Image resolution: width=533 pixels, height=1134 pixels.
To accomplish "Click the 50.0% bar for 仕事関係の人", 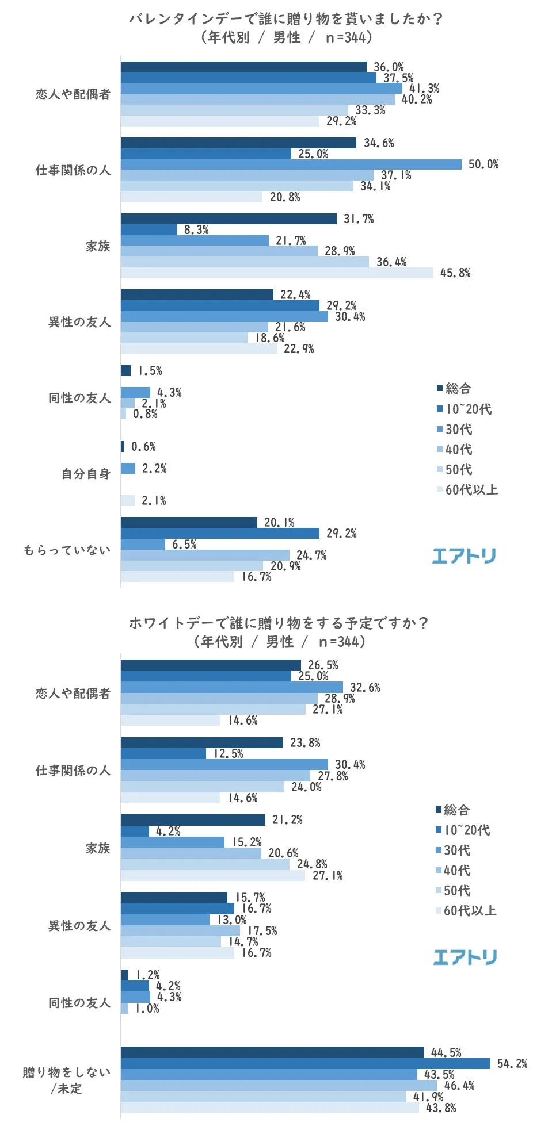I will [291, 164].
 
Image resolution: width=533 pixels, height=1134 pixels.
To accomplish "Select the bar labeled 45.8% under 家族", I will [276, 273].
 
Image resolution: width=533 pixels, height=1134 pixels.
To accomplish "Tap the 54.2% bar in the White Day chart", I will [305, 1063].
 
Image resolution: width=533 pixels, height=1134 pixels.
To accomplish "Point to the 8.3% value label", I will [196, 229].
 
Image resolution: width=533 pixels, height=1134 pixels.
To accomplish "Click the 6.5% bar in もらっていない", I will [143, 544].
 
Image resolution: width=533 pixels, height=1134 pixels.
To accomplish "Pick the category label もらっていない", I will [67, 550].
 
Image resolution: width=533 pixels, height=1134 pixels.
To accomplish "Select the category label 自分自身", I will [86, 474].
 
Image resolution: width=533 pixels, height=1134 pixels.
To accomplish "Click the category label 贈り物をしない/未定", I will [67, 1080].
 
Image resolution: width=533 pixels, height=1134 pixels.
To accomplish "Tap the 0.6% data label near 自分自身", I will [143, 447].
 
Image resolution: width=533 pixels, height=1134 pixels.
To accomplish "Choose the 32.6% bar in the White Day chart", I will [231, 687].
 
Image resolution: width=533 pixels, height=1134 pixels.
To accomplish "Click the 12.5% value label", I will [229, 753].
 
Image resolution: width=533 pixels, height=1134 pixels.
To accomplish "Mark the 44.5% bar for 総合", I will [272, 1052].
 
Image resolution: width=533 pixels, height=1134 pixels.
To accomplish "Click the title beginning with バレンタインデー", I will [286, 19].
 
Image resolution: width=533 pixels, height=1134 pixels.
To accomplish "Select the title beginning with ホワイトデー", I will [279, 623].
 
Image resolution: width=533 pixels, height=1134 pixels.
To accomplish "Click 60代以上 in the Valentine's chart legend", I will [467, 490].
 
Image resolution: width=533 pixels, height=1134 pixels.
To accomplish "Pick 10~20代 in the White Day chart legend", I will [463, 830].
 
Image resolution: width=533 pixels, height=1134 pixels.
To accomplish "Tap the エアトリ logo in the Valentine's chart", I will [464, 555].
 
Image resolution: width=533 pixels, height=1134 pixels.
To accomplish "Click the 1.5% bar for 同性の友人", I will [125, 370].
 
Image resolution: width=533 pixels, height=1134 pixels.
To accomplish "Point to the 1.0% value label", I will [147, 1009].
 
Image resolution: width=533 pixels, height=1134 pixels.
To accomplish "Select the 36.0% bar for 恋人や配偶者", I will [243, 67].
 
